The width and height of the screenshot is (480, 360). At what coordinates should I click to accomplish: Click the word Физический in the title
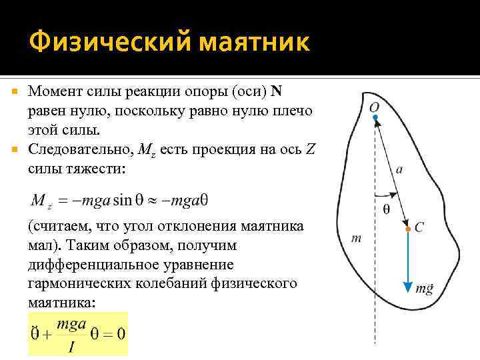[96, 42]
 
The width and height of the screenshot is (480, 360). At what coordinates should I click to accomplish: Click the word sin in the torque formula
[123, 200]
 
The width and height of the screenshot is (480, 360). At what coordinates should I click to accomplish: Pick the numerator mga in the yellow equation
[72, 324]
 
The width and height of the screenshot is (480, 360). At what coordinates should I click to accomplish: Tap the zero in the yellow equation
[121, 333]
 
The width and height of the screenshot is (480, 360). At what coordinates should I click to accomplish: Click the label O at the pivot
[375, 107]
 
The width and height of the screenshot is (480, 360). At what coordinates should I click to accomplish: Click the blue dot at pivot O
[375, 119]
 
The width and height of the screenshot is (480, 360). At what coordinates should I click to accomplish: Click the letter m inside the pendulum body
[356, 237]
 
